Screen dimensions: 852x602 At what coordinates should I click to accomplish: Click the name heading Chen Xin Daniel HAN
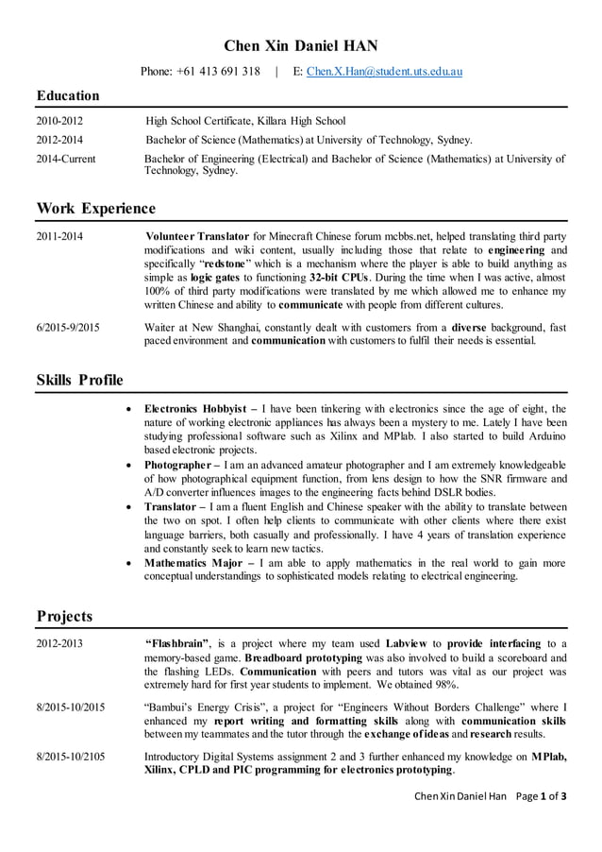[300, 45]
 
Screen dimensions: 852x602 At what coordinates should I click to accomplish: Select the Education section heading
[68, 95]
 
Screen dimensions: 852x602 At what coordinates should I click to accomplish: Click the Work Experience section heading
[95, 208]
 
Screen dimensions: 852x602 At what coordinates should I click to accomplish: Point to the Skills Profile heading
[79, 380]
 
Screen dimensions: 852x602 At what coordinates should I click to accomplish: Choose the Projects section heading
[64, 617]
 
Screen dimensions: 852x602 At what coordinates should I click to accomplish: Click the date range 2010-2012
[59, 121]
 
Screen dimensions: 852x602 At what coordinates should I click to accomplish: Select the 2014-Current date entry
[65, 160]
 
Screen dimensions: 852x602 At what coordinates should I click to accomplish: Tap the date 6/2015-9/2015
[68, 328]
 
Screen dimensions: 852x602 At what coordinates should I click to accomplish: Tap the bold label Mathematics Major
[192, 563]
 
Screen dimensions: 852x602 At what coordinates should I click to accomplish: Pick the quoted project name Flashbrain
[176, 643]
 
